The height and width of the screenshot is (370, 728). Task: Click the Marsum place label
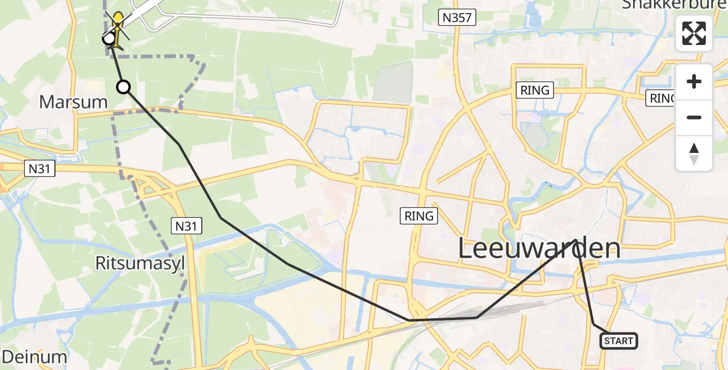pyautogui.click(x=73, y=102)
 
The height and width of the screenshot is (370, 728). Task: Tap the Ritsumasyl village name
pyautogui.click(x=140, y=263)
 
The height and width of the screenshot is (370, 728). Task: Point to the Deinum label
pyautogui.click(x=35, y=356)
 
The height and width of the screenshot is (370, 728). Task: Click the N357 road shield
pyautogui.click(x=458, y=18)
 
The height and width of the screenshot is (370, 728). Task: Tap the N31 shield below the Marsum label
pyautogui.click(x=40, y=168)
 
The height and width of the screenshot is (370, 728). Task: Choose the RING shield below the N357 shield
pyautogui.click(x=535, y=90)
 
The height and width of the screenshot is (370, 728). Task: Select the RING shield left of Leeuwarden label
pyautogui.click(x=420, y=216)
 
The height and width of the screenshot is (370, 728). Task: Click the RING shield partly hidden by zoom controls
pyautogui.click(x=661, y=98)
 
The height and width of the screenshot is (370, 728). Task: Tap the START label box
pyautogui.click(x=619, y=341)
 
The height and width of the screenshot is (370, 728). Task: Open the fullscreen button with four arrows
pyautogui.click(x=694, y=33)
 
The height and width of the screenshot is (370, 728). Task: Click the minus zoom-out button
pyautogui.click(x=694, y=117)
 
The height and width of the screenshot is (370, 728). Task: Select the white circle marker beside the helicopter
pyautogui.click(x=109, y=39)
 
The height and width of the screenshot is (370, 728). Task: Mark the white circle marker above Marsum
pyautogui.click(x=124, y=87)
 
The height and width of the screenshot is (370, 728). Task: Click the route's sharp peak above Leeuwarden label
pyautogui.click(x=577, y=240)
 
